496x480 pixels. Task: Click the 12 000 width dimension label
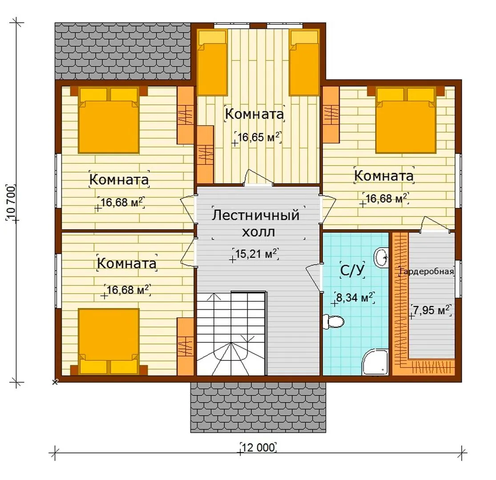258,448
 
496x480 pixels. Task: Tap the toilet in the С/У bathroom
333,322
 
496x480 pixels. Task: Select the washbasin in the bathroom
381,258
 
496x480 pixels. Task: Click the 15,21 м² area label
256,253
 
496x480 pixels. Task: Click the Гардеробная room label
427,272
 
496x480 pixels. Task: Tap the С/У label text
352,270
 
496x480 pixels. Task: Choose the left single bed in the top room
212,63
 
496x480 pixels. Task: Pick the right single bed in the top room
304,63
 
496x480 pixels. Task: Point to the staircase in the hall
232,334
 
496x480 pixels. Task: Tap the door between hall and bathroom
315,277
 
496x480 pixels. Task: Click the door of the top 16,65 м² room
258,177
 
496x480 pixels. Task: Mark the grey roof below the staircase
258,407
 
